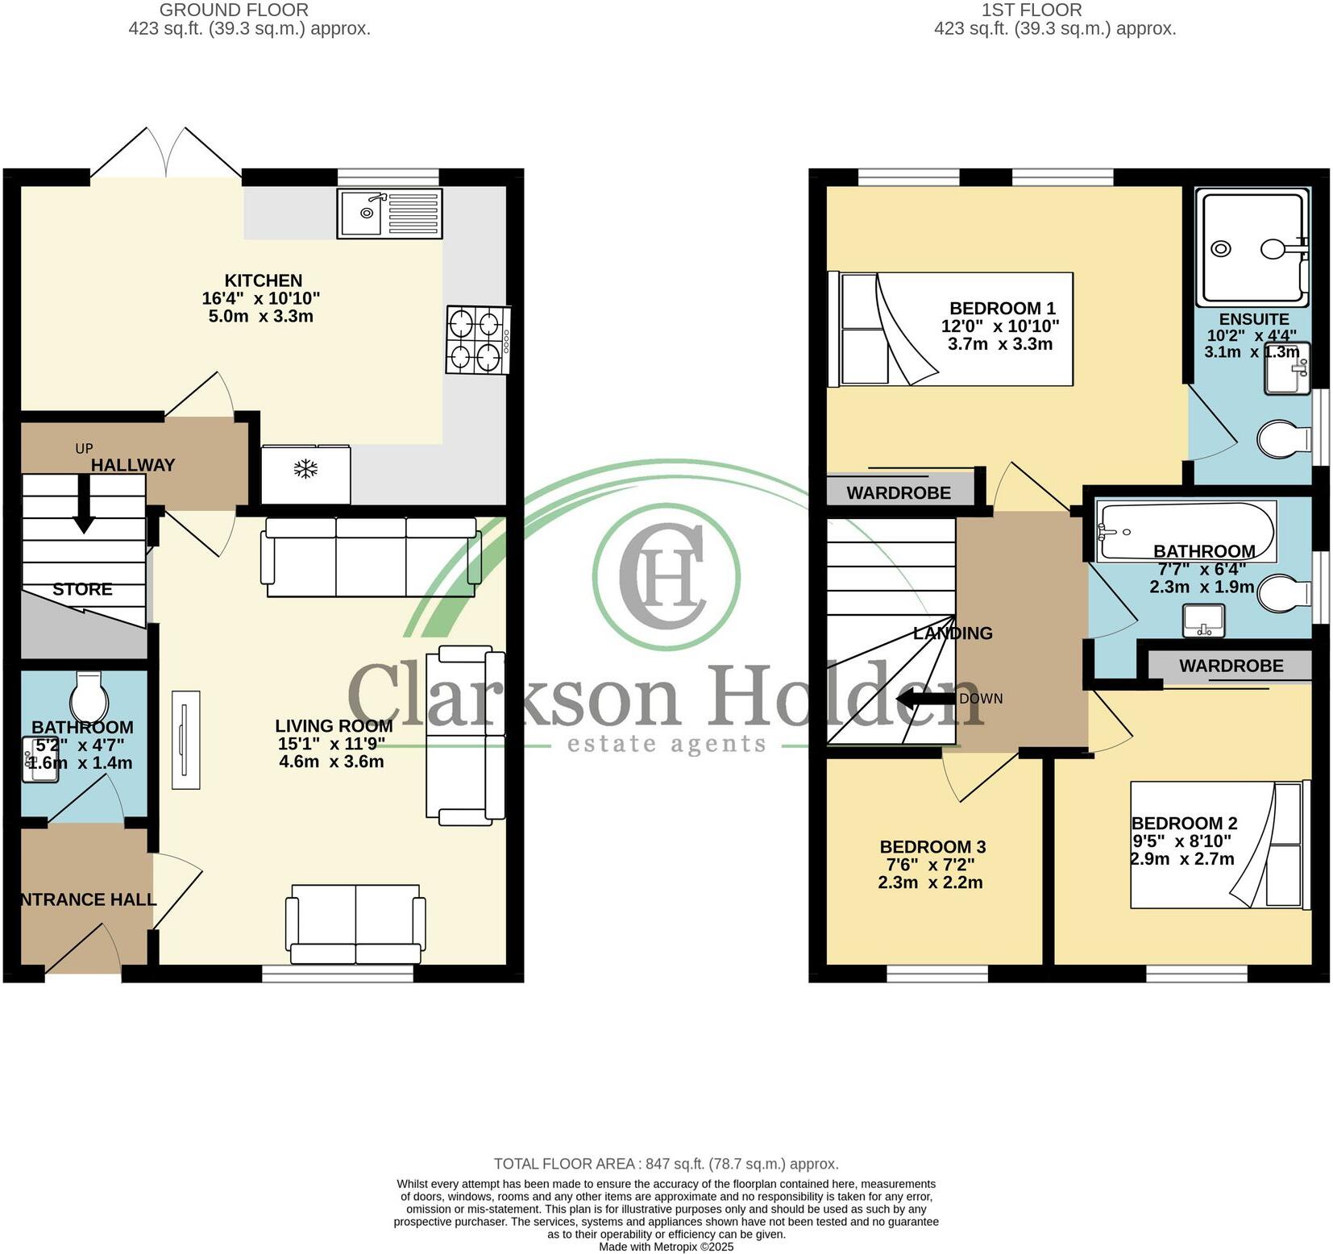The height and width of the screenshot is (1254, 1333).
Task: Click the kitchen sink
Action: click(x=389, y=214)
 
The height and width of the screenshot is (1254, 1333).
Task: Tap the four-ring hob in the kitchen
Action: click(x=477, y=340)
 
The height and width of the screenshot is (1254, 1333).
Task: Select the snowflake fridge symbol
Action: click(x=305, y=469)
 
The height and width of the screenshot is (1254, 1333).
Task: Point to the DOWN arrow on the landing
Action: click(x=927, y=699)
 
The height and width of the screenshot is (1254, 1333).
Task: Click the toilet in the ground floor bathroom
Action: click(x=89, y=696)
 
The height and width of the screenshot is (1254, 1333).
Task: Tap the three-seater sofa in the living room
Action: click(x=370, y=557)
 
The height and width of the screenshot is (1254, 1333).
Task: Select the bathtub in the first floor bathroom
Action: click(x=1185, y=531)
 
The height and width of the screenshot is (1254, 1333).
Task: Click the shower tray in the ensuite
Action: click(x=1252, y=247)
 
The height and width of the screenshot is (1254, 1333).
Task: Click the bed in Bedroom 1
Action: click(x=951, y=329)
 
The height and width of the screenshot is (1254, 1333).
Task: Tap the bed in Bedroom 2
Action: click(x=1219, y=845)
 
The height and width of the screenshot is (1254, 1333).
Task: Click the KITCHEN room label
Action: click(x=263, y=280)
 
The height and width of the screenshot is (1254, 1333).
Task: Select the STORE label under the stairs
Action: click(x=82, y=589)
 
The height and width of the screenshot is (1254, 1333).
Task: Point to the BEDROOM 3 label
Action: click(x=932, y=846)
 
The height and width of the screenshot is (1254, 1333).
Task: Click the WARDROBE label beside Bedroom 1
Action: click(x=898, y=492)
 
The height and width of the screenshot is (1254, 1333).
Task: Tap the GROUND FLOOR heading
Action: click(x=234, y=10)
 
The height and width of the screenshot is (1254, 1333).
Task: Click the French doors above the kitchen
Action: click(x=166, y=153)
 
